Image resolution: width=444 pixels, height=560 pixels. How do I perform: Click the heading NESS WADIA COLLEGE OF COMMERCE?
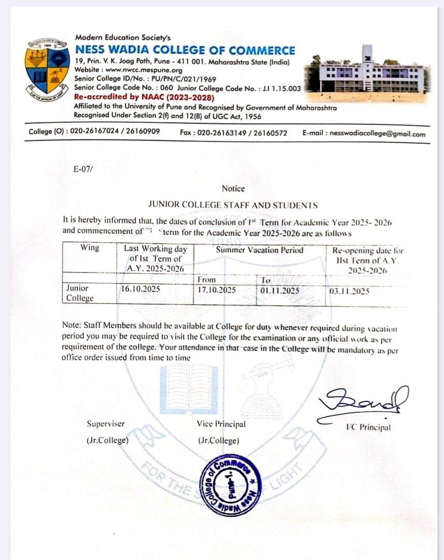(185, 50)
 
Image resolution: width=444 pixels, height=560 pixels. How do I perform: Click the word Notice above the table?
(233, 189)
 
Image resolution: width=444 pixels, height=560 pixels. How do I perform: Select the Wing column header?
(90, 248)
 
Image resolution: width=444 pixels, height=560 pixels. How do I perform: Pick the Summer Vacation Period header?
(260, 250)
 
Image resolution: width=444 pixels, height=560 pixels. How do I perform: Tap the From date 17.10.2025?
(217, 290)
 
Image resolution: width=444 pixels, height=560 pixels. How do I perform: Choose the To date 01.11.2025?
(280, 290)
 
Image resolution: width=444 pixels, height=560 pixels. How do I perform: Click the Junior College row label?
(79, 293)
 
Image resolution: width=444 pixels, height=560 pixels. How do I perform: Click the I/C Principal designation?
(368, 427)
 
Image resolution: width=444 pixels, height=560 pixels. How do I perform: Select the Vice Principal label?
(221, 424)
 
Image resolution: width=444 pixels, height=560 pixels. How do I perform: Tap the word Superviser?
(106, 424)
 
